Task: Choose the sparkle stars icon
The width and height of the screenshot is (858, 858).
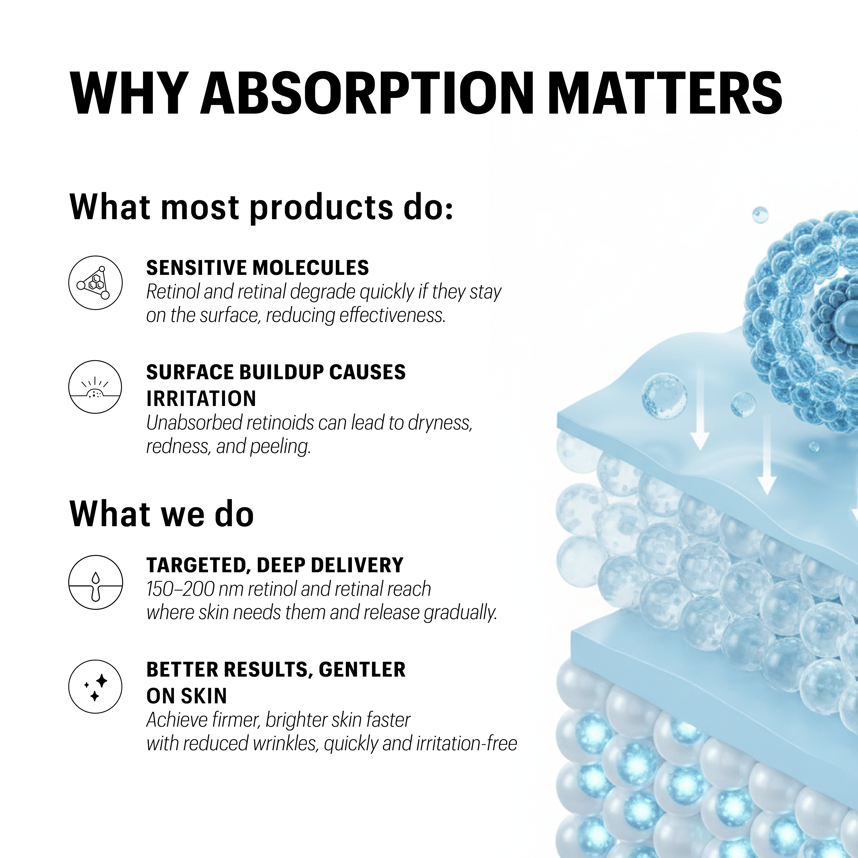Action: (x=95, y=687)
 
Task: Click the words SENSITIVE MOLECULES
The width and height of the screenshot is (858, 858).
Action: (x=258, y=268)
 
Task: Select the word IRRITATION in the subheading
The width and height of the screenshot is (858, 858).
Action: (x=201, y=398)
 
